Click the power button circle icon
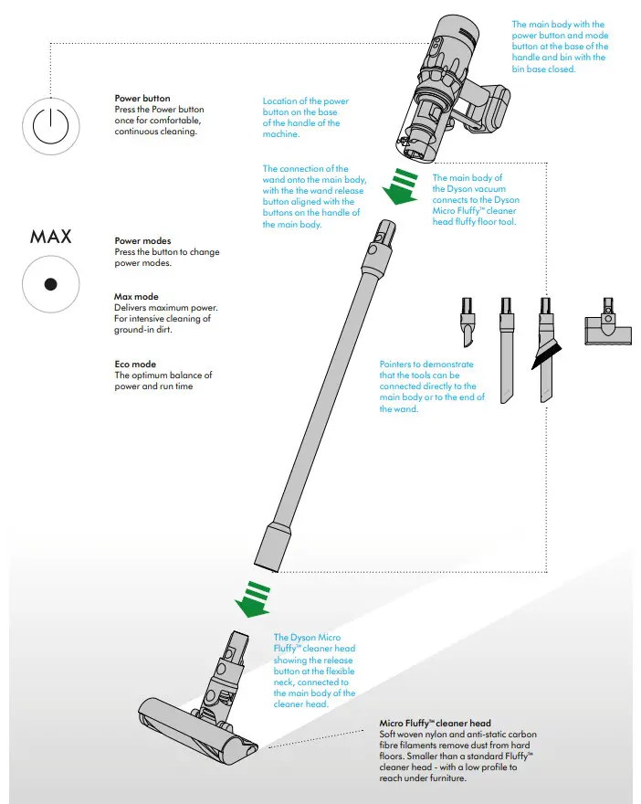[51, 128]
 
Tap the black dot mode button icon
[51, 284]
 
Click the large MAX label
[51, 238]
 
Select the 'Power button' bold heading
[142, 99]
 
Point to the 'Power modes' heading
[142, 241]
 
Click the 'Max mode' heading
[136, 297]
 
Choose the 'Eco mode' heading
[135, 365]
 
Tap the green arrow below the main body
[398, 188]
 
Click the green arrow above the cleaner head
[255, 597]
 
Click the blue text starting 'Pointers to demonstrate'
[432, 386]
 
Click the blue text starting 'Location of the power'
[305, 118]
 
